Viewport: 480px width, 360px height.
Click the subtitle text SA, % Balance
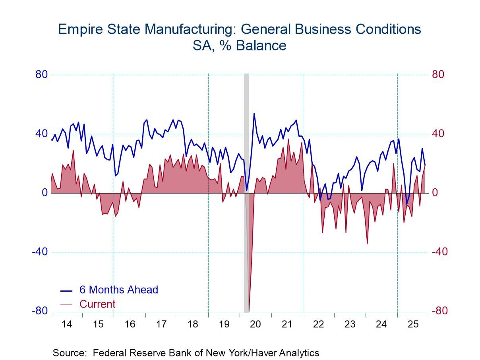[x=240, y=46]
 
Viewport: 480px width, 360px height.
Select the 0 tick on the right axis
[x=436, y=193]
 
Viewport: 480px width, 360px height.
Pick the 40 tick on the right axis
[x=438, y=134]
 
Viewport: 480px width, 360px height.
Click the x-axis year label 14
[x=67, y=324]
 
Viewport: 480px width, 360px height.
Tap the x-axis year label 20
[x=255, y=324]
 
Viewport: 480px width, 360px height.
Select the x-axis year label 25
[x=413, y=324]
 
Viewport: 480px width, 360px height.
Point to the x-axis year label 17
[x=161, y=324]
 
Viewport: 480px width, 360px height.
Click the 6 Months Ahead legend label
[x=119, y=290]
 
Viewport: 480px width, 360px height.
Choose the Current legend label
[x=97, y=304]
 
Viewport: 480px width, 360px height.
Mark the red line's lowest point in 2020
[x=249, y=311]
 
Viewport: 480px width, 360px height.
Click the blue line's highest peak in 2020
[x=254, y=114]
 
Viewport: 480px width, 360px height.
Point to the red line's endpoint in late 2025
[x=425, y=165]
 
